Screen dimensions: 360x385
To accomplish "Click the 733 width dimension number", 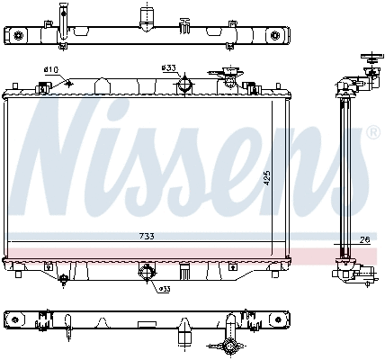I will coord(146,236).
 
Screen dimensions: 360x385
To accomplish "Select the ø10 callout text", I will coord(50,69).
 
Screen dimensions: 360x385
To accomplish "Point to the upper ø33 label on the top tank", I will coord(167,67).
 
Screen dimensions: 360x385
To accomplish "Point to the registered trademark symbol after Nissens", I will coord(372,132).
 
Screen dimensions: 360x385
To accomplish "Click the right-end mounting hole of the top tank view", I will coord(275,35).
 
